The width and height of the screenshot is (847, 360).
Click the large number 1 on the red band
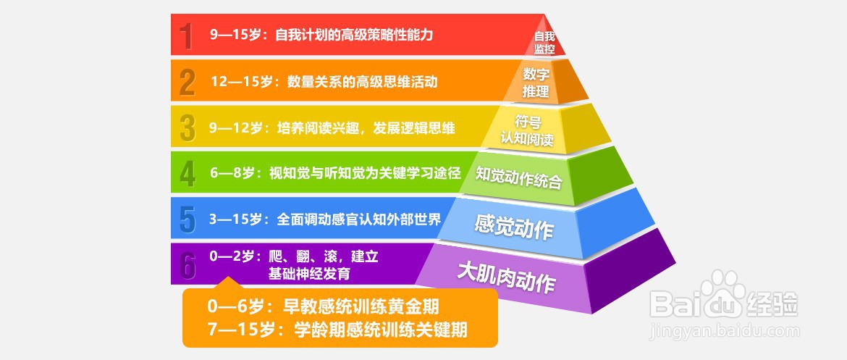point(186,35)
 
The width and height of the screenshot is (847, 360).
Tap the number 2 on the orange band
point(187,82)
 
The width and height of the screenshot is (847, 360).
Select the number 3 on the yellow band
point(187,127)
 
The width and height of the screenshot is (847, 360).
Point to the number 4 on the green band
point(187,174)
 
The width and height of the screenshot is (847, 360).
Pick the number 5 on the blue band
point(187,219)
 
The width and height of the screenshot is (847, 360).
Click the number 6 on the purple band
point(187,265)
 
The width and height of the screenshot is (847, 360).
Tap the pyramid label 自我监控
point(544,43)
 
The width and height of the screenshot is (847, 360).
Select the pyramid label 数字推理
point(536,83)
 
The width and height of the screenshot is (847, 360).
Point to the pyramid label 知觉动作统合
point(518,177)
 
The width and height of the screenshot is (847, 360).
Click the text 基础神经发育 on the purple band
point(309,274)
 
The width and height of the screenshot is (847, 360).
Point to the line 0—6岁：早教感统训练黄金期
point(323,306)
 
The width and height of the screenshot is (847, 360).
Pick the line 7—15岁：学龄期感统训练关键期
point(337,329)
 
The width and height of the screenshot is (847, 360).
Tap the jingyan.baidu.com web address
point(725,330)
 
